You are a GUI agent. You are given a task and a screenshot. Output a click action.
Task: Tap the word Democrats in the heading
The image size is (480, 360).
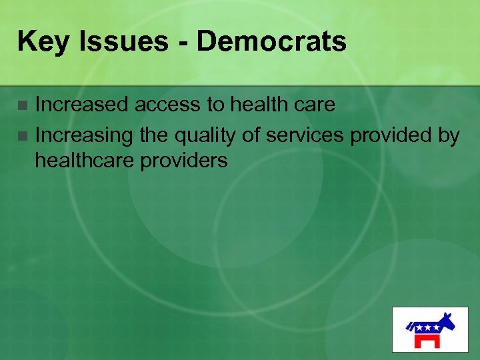tap(271, 41)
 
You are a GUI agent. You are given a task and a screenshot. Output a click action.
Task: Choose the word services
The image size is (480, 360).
tap(305, 135)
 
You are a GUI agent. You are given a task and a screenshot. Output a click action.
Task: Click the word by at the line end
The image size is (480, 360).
tap(448, 135)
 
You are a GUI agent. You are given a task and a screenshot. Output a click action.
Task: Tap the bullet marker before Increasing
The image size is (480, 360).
tap(23, 137)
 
